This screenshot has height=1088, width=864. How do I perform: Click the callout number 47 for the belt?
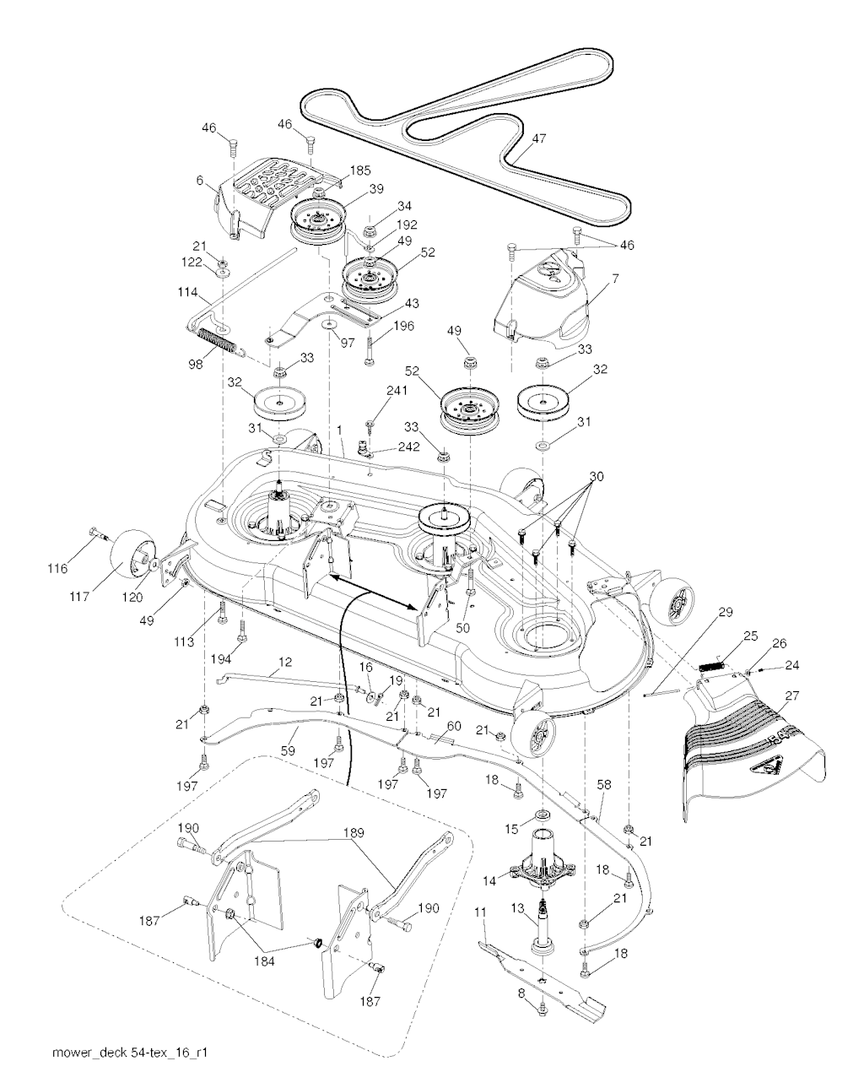(539, 138)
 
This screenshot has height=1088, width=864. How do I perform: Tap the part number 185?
(360, 171)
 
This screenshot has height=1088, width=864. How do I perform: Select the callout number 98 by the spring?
(196, 364)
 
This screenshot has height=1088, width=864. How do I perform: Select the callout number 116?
(57, 569)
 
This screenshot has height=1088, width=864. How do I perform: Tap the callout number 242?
(409, 447)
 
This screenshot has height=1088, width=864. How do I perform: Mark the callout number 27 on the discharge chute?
(792, 696)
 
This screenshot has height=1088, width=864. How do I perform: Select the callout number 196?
(404, 326)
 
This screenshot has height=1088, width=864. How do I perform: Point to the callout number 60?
(454, 726)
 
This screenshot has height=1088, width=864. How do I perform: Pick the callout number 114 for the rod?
(187, 292)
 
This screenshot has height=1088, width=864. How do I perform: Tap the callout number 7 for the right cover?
(616, 279)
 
